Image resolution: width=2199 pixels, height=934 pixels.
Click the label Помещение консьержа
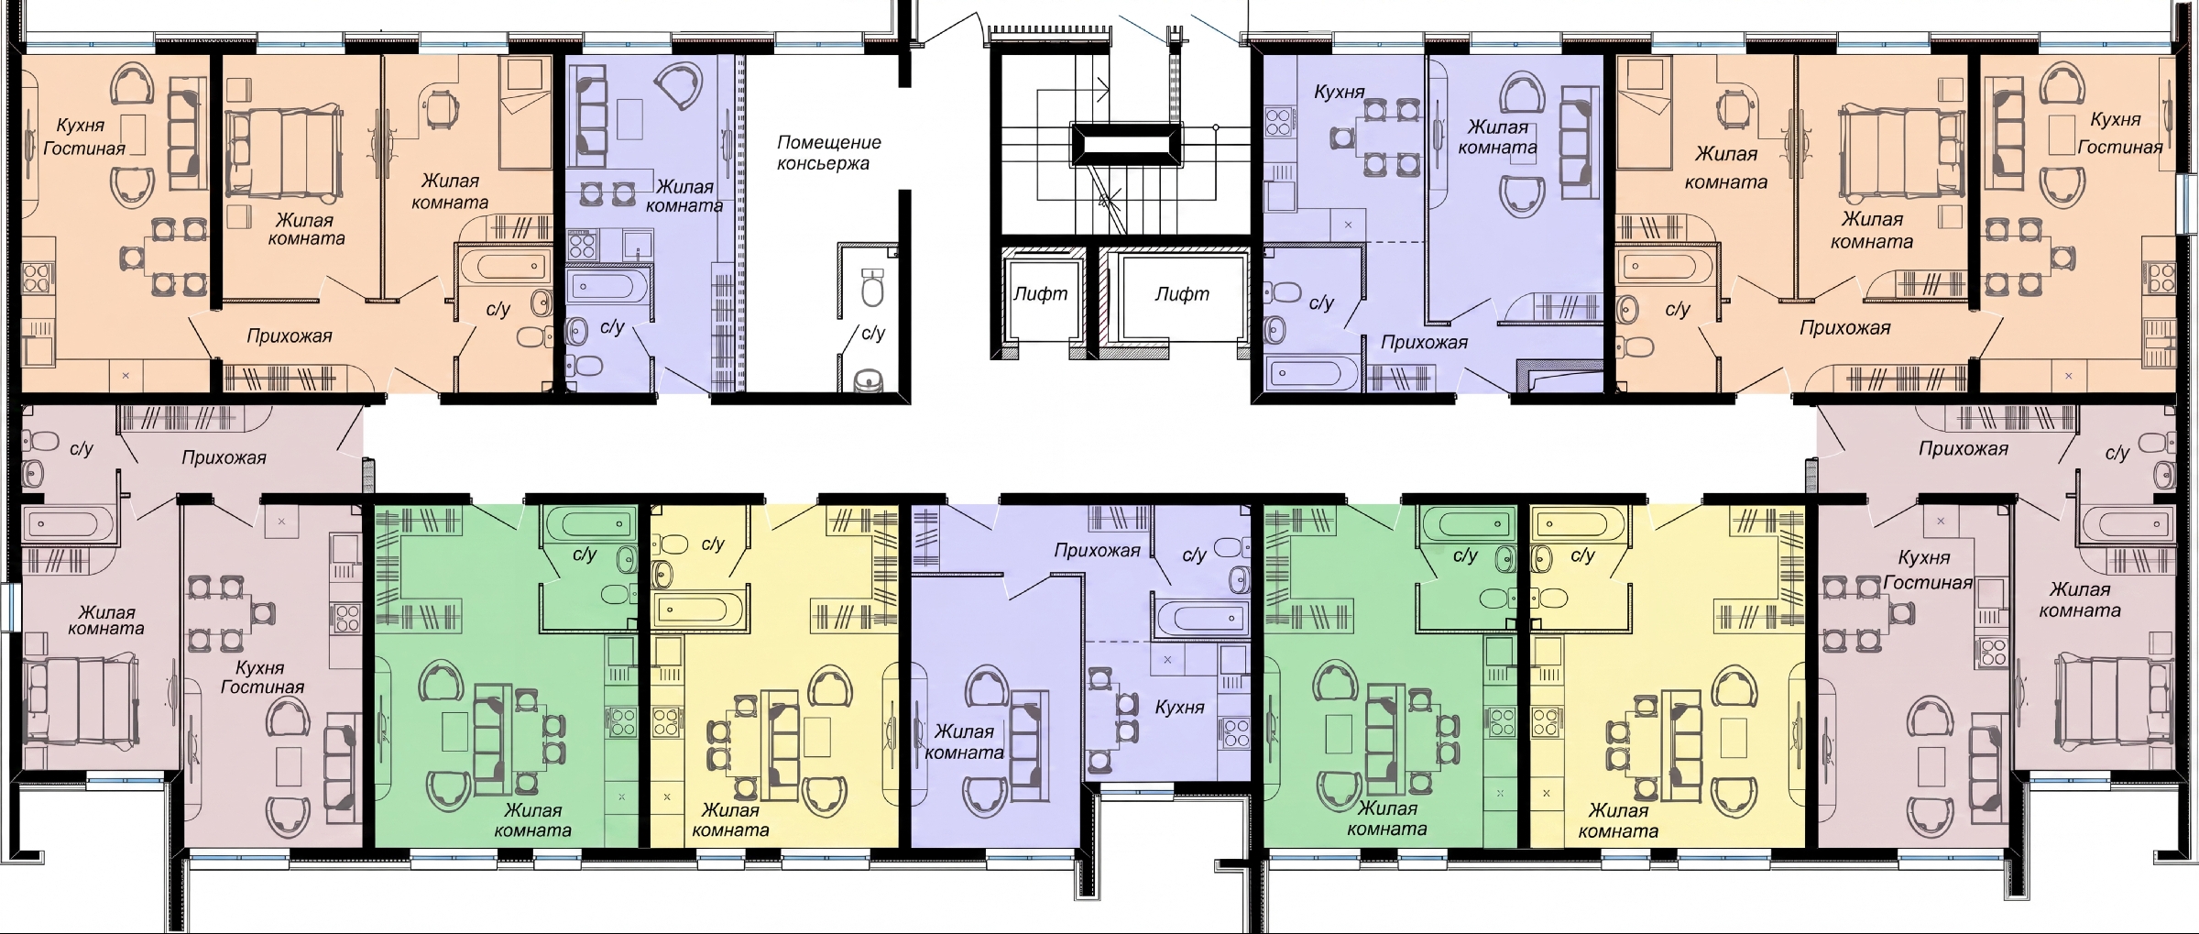click(829, 153)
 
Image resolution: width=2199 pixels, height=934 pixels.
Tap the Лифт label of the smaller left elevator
click(1040, 294)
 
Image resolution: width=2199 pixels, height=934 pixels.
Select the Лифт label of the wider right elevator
click(1181, 294)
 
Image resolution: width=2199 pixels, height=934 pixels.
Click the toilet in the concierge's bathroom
click(873, 287)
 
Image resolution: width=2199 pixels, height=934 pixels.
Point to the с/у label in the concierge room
click(873, 333)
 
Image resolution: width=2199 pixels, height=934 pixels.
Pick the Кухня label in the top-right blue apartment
click(1339, 92)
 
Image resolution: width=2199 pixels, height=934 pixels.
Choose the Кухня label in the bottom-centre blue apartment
click(1179, 708)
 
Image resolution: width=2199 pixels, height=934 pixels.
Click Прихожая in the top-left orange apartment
click(289, 336)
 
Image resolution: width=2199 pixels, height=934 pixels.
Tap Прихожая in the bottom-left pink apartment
click(224, 457)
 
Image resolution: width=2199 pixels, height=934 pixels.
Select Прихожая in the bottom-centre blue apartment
click(1097, 551)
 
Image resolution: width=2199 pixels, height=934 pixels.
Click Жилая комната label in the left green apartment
click(532, 820)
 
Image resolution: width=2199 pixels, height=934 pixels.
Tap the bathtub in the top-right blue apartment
click(1310, 373)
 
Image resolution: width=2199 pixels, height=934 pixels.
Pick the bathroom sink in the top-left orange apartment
click(541, 301)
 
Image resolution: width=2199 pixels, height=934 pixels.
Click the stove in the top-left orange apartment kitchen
click(38, 279)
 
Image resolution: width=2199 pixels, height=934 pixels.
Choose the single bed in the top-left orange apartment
click(525, 112)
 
